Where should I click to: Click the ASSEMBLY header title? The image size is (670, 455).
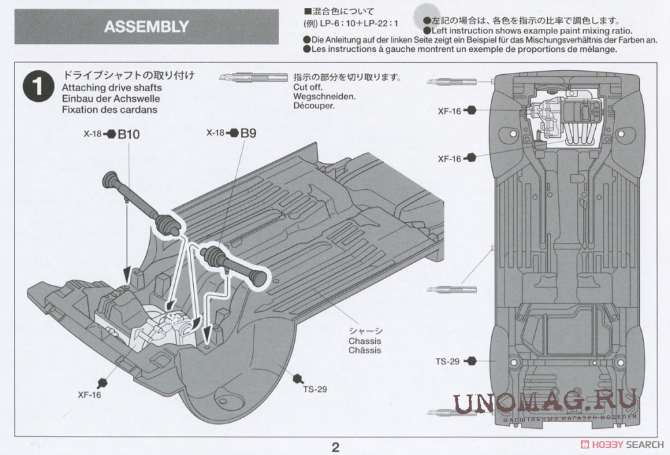point(146,27)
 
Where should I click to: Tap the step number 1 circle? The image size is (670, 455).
point(37,89)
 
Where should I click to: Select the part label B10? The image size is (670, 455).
point(129,135)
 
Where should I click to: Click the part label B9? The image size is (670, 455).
point(248,133)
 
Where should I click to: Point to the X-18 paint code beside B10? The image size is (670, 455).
point(93,134)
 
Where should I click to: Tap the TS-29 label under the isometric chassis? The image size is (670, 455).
point(315,389)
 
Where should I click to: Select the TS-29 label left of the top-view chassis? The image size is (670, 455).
point(447,361)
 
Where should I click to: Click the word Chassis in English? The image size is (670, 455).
point(365,341)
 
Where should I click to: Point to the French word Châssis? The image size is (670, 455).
point(365,351)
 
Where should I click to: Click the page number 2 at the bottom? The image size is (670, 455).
point(335,448)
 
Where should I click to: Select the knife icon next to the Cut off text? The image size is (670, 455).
point(253,77)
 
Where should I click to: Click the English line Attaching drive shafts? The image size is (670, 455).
point(112,88)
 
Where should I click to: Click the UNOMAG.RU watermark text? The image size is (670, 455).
point(545,401)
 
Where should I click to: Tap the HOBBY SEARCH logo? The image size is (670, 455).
point(625,444)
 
